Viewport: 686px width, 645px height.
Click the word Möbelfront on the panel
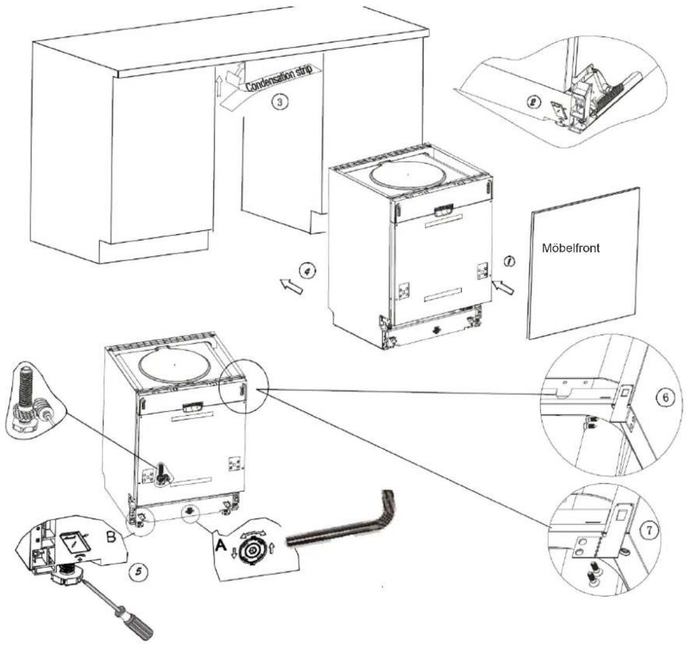571,248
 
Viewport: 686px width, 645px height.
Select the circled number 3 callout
280,103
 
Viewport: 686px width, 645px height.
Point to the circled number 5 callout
139,572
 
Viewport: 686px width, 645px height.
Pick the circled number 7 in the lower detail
649,531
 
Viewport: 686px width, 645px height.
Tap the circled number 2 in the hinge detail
534,103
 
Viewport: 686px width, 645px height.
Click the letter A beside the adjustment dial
222,546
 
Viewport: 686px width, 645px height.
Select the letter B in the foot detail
111,537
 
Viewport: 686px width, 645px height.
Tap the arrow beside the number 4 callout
291,286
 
